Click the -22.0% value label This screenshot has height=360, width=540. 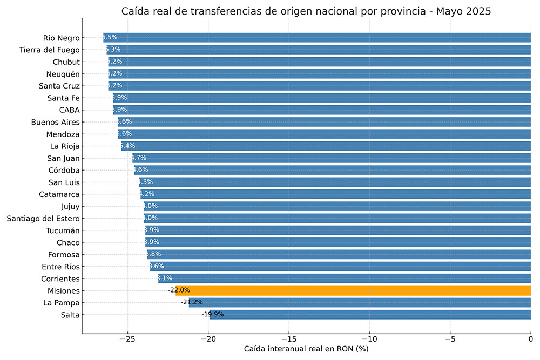coord(179,290)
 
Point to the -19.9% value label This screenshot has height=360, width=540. coord(213,315)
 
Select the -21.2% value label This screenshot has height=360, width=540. coord(192,302)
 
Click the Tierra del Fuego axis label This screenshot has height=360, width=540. coord(50,50)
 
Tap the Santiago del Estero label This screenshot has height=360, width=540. coord(43,218)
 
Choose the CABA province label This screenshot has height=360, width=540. coord(70,110)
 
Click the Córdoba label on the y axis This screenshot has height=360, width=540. coord(64,170)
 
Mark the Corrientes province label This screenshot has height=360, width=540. coord(60,279)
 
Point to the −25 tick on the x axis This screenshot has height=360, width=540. coord(127,339)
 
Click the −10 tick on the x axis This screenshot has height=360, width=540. coord(369,339)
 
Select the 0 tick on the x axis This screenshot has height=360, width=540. coord(530,339)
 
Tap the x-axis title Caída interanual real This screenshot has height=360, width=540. coord(306,349)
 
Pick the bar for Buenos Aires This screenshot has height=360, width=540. coord(324,122)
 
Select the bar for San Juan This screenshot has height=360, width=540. coord(329,158)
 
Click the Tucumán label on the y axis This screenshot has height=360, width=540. coord(63,230)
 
